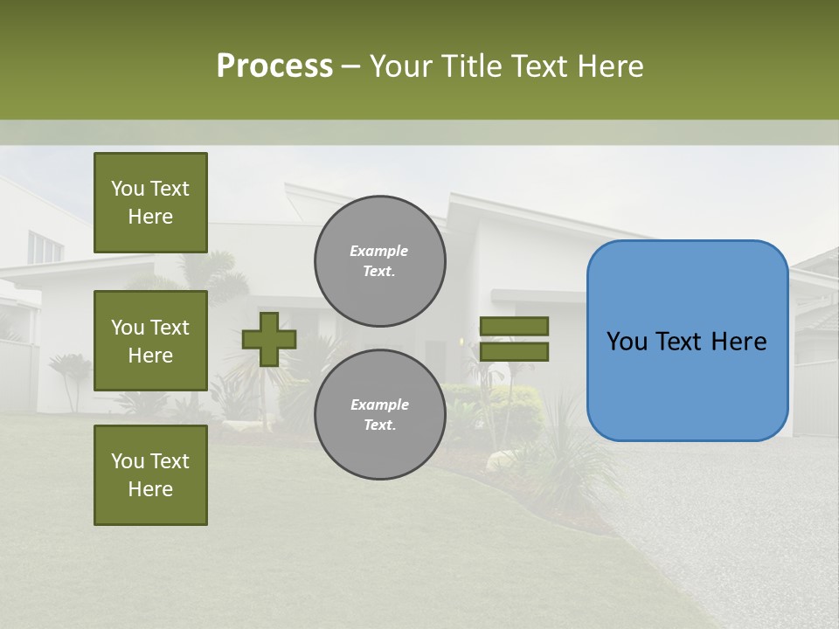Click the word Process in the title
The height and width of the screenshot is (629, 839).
pos(274,66)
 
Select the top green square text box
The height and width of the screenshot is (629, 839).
pos(150,203)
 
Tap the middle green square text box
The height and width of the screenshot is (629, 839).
pos(150,341)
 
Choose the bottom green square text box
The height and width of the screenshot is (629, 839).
pos(150,474)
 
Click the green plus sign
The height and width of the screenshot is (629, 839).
pos(269,339)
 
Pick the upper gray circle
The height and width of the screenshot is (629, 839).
pos(379,260)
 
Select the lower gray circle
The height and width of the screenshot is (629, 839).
pos(379,414)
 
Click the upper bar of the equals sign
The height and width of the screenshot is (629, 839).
pos(514,326)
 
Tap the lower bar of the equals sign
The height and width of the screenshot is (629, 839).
pos(514,351)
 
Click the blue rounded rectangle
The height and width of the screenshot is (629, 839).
pos(687,341)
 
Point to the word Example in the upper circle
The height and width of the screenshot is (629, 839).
pos(379,251)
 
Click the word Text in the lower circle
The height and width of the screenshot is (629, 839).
pos(378,425)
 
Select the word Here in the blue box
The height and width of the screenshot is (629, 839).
pos(738,342)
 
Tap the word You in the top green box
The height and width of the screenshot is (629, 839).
pos(128,189)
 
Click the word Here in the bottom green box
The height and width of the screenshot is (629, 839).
pos(150,489)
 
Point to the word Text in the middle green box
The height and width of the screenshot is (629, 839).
pos(169,328)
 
